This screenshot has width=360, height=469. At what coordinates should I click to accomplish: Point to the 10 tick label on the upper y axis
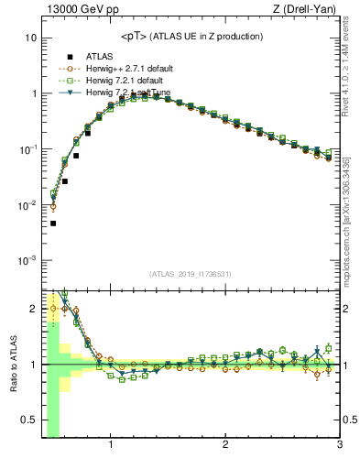[30, 38]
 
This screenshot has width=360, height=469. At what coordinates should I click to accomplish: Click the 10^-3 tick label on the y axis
[27, 261]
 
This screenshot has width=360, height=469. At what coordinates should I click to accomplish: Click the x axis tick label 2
[225, 446]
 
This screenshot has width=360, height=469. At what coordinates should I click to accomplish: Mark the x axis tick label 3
[339, 446]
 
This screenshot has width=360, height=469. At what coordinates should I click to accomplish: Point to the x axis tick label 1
[111, 446]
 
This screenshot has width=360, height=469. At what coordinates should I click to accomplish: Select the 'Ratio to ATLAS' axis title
[11, 364]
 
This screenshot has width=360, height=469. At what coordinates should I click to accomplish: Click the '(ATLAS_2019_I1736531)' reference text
[191, 275]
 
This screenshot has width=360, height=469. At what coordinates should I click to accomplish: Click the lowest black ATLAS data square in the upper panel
[53, 223]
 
